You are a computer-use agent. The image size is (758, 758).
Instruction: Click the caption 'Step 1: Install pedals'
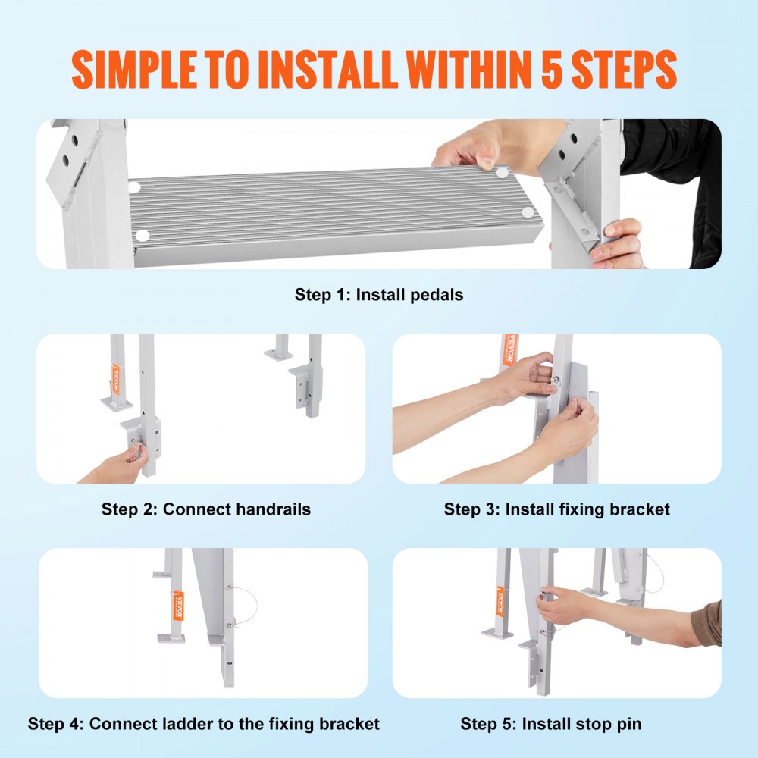coord(378,295)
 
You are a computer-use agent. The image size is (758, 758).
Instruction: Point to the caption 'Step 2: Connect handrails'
coord(206,509)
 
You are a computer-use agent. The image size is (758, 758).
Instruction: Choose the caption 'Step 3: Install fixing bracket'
coord(556,509)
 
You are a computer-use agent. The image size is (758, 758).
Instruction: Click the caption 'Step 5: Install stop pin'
coord(550,724)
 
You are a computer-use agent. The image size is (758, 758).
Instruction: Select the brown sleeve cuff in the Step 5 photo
coord(706,624)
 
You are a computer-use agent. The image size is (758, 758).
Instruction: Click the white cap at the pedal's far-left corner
coord(134,186)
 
